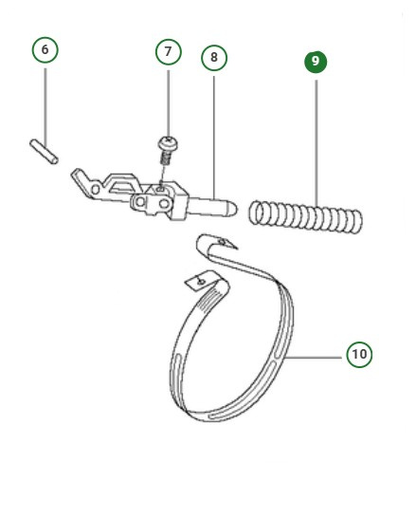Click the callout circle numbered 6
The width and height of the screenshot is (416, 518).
(x=45, y=50)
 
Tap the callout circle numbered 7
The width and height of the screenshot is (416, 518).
(x=168, y=51)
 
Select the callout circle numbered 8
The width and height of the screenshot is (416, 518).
(x=214, y=58)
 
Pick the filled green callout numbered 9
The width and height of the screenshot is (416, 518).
(x=316, y=62)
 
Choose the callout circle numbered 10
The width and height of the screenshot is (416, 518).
(x=358, y=355)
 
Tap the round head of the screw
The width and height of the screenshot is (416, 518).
(x=169, y=143)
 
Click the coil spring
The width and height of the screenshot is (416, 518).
(x=305, y=216)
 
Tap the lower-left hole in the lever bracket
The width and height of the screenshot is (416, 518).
(x=140, y=203)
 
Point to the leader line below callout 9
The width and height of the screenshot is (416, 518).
(x=316, y=133)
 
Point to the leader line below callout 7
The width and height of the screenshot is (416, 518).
(x=168, y=100)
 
